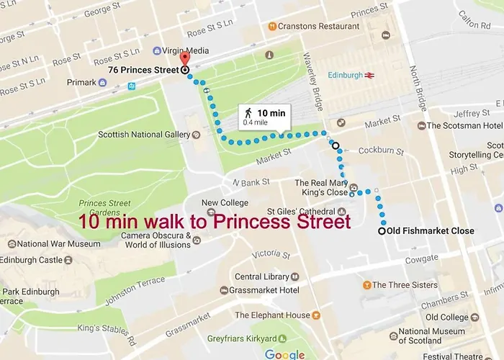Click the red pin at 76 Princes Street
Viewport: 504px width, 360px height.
coord(184,59)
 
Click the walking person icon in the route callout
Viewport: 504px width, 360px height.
coord(248,113)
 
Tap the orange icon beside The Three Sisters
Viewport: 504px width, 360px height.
coord(366,285)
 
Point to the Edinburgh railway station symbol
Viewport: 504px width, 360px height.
coord(369,75)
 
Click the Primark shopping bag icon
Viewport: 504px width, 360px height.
coord(103,83)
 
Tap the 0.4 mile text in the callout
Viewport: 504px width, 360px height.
coord(256,122)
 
